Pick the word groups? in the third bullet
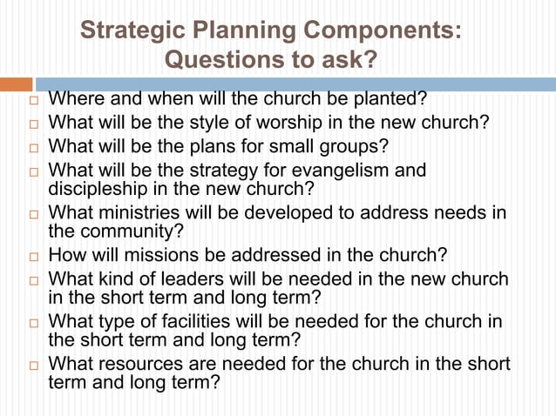[x=347, y=145]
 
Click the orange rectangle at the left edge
[x=15, y=84]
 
